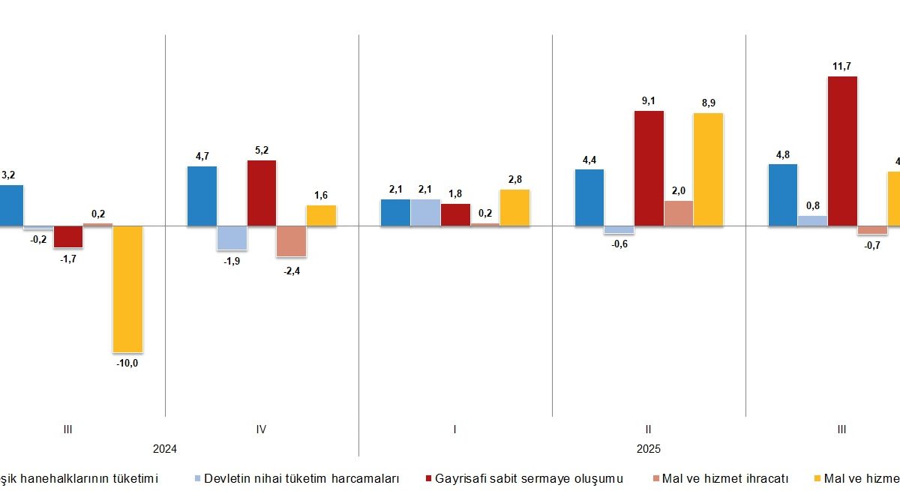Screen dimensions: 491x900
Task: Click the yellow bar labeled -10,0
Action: [127, 289]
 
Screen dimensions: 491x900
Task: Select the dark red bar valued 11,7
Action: [842, 151]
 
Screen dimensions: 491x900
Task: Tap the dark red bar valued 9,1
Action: [649, 168]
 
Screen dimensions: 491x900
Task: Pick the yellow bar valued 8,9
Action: [708, 169]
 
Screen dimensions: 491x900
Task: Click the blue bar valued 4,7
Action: [202, 196]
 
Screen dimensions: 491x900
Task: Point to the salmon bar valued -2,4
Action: [291, 241]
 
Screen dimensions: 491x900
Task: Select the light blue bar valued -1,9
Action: [232, 238]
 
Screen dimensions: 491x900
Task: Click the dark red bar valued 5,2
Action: [262, 193]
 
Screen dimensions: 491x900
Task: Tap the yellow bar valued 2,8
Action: [514, 208]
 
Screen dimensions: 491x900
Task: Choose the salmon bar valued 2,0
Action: [678, 213]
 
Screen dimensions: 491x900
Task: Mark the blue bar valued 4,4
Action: [589, 197]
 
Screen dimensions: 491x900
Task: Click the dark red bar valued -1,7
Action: [68, 236]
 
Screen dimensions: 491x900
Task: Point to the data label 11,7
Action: [842, 66]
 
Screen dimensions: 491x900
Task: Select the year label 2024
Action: [164, 449]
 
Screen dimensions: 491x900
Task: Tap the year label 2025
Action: [649, 449]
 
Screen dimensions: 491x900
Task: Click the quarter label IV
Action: [261, 430]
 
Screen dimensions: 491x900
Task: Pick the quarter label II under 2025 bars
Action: [648, 430]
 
